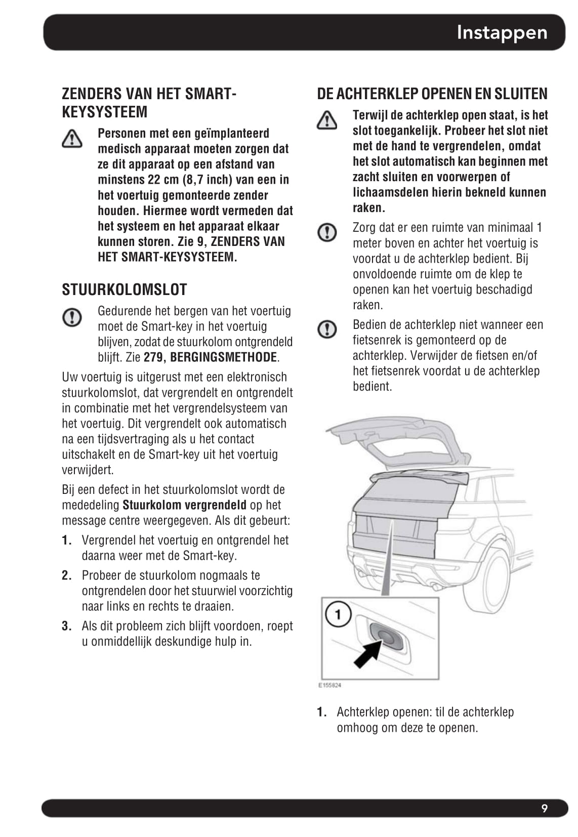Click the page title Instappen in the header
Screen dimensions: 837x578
(x=502, y=32)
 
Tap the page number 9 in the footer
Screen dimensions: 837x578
(x=544, y=808)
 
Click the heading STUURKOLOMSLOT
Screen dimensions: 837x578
(x=125, y=289)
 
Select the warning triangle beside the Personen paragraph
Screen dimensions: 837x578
(x=72, y=139)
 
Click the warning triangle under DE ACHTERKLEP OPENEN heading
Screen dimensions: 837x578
(x=327, y=120)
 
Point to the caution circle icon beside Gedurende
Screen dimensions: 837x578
(x=72, y=317)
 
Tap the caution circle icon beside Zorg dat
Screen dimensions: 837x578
(x=327, y=232)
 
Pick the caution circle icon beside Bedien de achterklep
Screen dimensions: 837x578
(x=327, y=329)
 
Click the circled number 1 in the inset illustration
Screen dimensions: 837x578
(x=338, y=615)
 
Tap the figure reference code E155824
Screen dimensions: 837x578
(x=329, y=685)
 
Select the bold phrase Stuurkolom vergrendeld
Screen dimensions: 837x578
(x=184, y=505)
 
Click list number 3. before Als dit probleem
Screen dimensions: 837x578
(x=67, y=626)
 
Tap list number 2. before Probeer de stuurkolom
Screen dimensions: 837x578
(x=67, y=575)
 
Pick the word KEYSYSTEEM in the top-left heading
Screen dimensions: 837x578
(x=104, y=112)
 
